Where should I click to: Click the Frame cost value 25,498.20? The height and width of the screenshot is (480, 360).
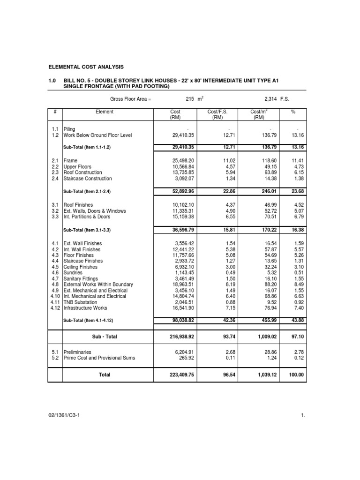tap(173, 161)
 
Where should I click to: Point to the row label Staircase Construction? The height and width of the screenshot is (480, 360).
tap(88, 179)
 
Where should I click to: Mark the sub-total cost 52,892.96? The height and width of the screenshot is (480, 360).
tap(173, 191)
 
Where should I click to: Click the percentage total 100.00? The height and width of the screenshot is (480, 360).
tap(296, 375)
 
